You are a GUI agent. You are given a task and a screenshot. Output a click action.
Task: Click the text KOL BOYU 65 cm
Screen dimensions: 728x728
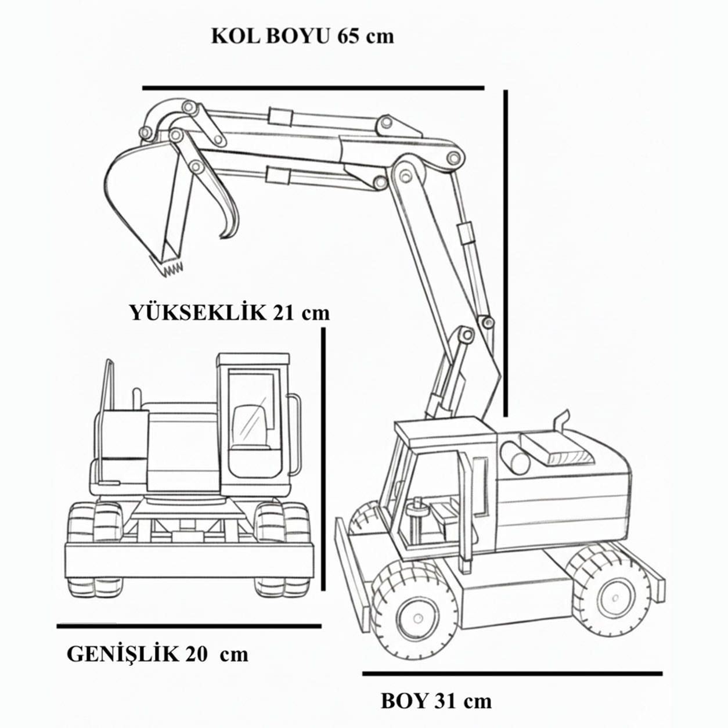302,37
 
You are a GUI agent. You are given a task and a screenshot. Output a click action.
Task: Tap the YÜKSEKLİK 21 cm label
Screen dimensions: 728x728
230,312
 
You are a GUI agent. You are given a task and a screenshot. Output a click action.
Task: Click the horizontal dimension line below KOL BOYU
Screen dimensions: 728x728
313,88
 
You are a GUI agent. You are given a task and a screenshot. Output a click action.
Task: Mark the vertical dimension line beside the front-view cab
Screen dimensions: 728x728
323,459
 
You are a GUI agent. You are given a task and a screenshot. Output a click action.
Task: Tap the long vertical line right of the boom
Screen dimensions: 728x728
506,253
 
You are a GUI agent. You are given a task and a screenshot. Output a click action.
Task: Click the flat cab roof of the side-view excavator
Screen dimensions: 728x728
446,431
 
